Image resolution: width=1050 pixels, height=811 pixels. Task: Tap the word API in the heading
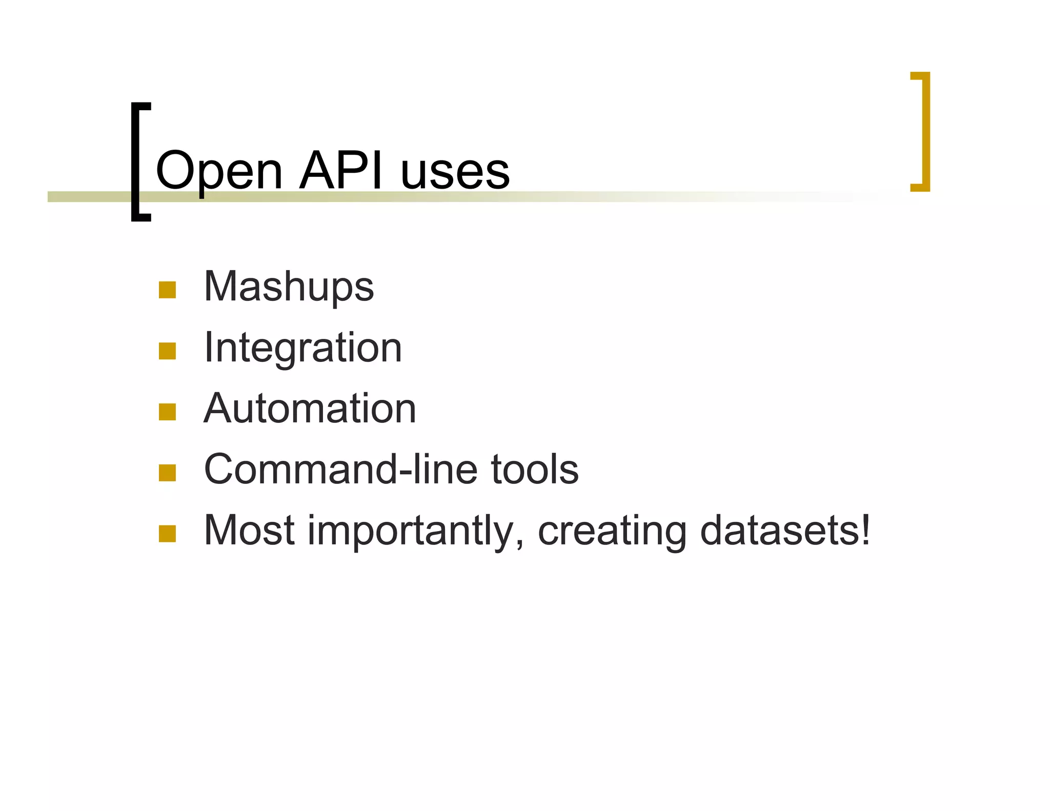tap(340, 170)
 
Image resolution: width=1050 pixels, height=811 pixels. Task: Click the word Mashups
tap(289, 287)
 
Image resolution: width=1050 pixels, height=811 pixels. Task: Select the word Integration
tap(302, 349)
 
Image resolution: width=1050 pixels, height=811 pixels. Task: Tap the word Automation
tap(310, 409)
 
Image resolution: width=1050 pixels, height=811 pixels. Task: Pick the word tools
tap(535, 469)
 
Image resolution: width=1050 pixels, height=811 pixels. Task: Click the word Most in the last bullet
tap(249, 531)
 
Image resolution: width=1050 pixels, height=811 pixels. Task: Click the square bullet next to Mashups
tap(167, 290)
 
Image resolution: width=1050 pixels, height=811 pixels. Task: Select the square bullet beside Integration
tap(167, 351)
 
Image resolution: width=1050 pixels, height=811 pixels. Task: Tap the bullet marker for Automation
tap(167, 412)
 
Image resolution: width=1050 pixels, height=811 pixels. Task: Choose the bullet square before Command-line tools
tap(167, 473)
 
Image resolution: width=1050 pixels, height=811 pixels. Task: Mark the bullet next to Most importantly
tap(167, 534)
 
